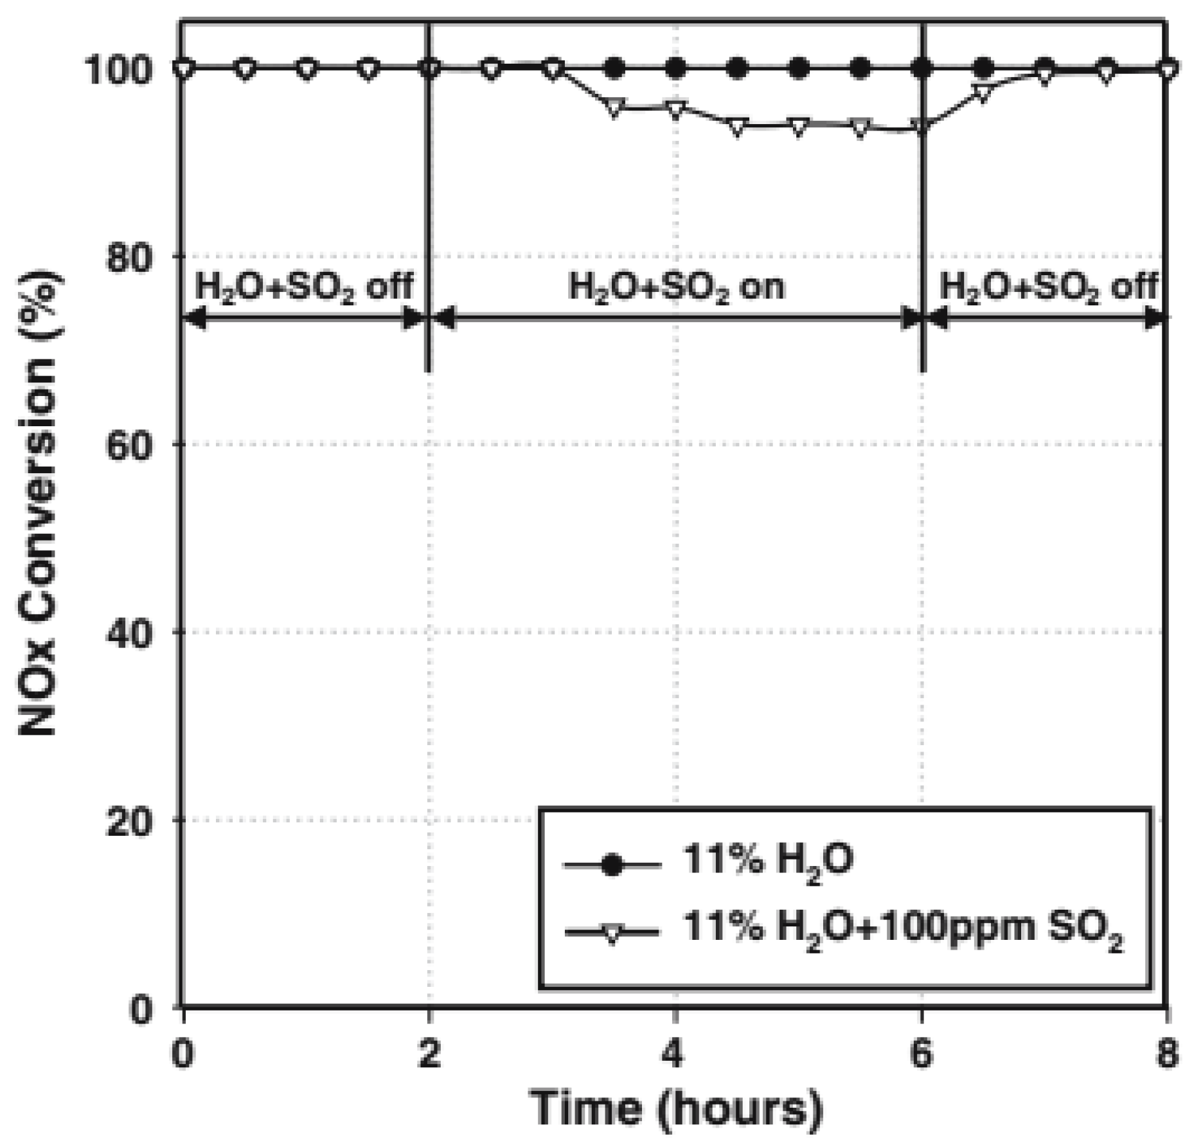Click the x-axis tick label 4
point(674,1054)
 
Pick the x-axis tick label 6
point(922,1054)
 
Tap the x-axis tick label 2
point(429,1054)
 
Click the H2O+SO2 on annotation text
point(676,287)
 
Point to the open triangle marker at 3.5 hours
point(615,107)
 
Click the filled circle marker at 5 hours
point(799,68)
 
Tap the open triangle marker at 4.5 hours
point(738,127)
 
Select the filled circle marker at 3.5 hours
point(615,68)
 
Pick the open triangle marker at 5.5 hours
point(860,127)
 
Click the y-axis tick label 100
point(122,69)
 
